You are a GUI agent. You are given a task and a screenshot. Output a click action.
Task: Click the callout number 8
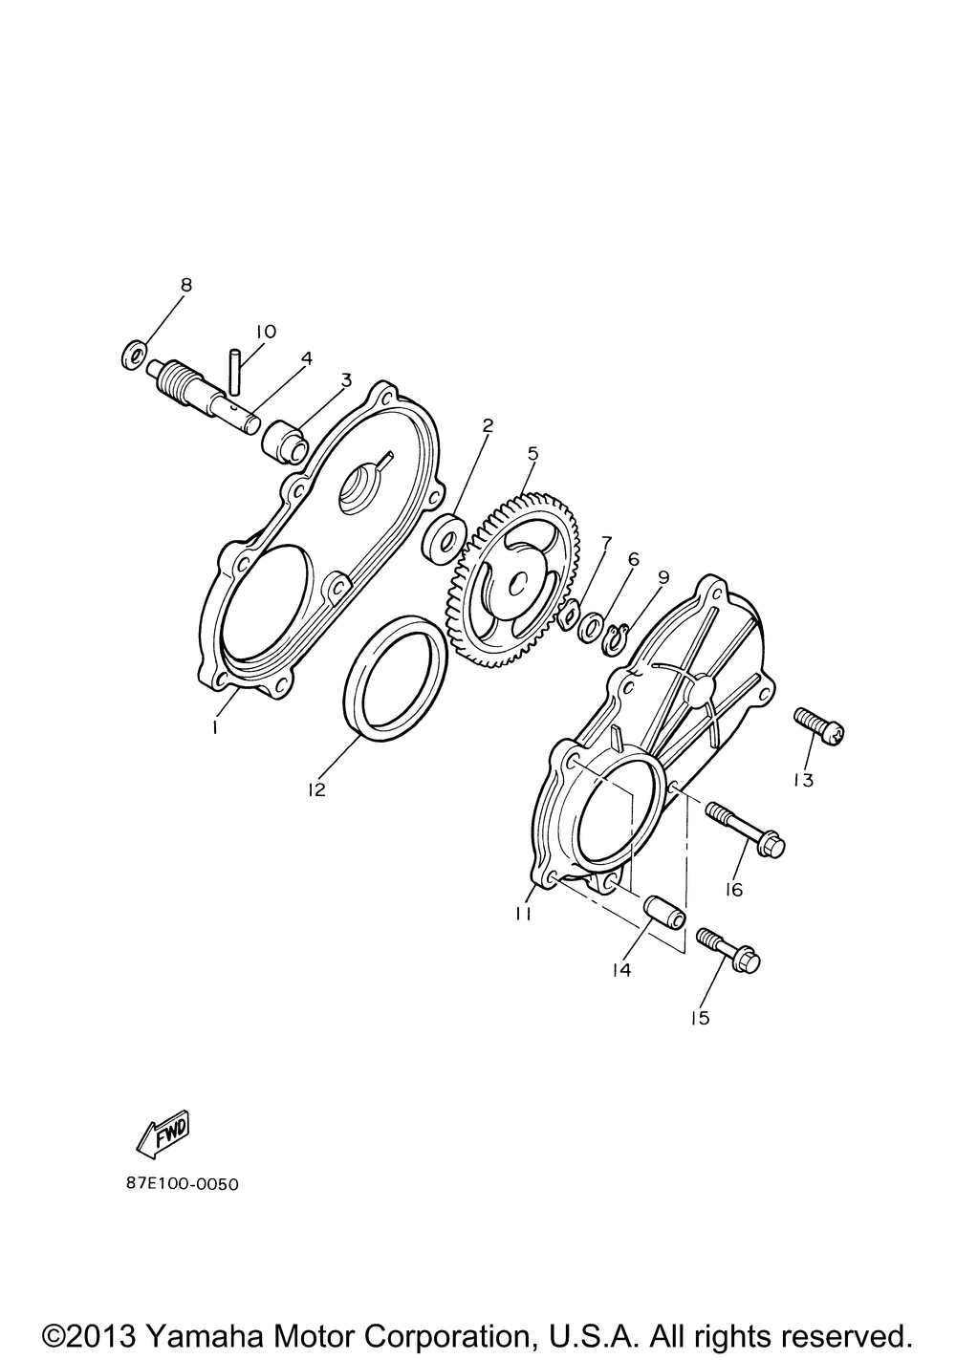point(185,285)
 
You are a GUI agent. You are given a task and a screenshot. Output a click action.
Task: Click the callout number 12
point(316,789)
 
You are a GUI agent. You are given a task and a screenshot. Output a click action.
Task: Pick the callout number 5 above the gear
point(532,453)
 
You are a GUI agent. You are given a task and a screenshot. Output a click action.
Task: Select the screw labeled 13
point(818,726)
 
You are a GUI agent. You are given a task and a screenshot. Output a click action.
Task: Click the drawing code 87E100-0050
point(183,1183)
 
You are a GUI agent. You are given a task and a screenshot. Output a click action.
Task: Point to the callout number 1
point(214,727)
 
